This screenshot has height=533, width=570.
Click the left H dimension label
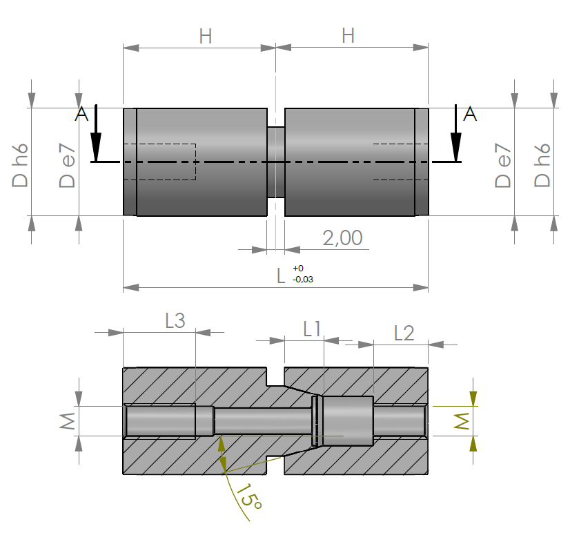pos(206,37)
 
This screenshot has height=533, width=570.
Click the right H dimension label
pos(348,36)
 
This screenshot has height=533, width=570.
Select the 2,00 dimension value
pos(342,238)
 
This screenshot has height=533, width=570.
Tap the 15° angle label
pos(249,496)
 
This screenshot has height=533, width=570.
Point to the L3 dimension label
pos(175,321)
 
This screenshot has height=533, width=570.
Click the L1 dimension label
pos(312,329)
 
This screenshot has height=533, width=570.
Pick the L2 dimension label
pos(404,333)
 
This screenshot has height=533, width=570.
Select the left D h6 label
pos(20,166)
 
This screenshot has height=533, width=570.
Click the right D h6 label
pos(542,166)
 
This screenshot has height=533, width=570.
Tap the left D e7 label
pos(67,166)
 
